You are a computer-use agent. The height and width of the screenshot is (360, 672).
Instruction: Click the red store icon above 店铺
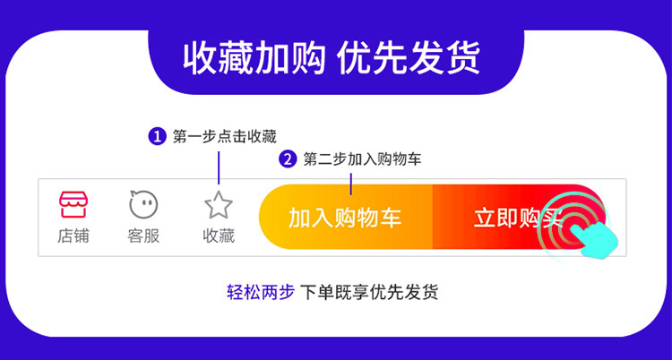click(73, 204)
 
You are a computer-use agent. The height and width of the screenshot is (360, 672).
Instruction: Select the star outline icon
click(219, 204)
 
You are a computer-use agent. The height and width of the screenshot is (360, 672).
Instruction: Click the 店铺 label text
click(73, 236)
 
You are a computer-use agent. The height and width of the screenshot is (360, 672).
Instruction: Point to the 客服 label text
click(143, 236)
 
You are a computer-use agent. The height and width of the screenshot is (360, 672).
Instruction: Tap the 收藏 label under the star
click(219, 236)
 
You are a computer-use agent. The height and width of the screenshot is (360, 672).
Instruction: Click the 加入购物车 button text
click(345, 218)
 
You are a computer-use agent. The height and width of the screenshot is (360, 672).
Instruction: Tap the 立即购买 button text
click(518, 218)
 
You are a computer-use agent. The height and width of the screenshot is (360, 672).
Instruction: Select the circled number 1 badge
click(157, 137)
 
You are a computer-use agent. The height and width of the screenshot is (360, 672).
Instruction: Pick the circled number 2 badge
click(288, 159)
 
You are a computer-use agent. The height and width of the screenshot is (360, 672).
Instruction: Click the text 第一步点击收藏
click(225, 137)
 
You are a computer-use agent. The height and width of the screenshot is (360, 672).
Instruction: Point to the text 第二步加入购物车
click(363, 159)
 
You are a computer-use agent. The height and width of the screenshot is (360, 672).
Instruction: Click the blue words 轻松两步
click(261, 293)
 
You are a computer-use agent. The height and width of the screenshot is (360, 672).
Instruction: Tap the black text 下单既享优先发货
click(369, 293)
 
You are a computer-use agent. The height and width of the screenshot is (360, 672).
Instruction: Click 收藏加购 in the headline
click(254, 60)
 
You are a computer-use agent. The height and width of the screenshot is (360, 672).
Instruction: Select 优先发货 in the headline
click(409, 60)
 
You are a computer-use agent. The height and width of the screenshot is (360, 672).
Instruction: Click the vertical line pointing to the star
click(219, 167)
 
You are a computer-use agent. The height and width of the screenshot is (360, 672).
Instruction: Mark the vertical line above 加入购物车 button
click(351, 184)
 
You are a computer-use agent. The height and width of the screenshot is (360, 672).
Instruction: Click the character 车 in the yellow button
click(391, 218)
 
